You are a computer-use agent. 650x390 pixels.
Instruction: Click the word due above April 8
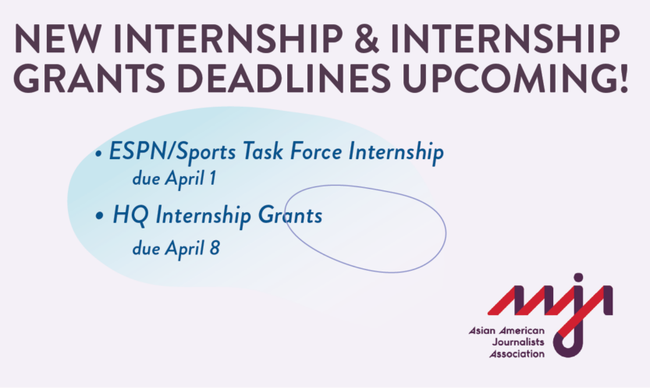147,250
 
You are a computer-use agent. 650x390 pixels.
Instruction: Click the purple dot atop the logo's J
578,278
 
